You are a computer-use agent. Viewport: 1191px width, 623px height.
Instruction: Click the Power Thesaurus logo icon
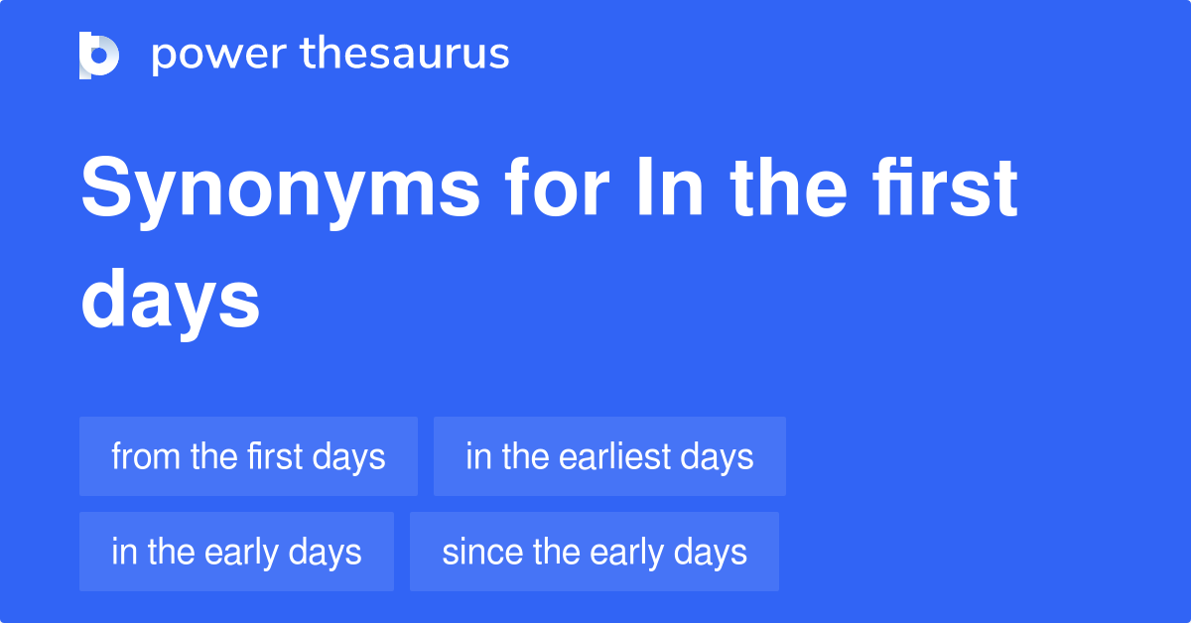click(99, 55)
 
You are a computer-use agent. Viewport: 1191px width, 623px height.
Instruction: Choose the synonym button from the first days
click(248, 456)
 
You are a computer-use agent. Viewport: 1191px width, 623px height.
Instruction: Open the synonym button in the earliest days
click(609, 456)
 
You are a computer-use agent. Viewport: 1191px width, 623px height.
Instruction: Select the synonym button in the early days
click(236, 552)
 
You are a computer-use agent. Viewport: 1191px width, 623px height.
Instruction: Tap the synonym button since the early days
click(594, 552)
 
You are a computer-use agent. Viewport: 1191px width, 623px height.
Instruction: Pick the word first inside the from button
click(274, 456)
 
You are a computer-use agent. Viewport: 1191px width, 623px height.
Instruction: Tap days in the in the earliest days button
click(717, 456)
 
